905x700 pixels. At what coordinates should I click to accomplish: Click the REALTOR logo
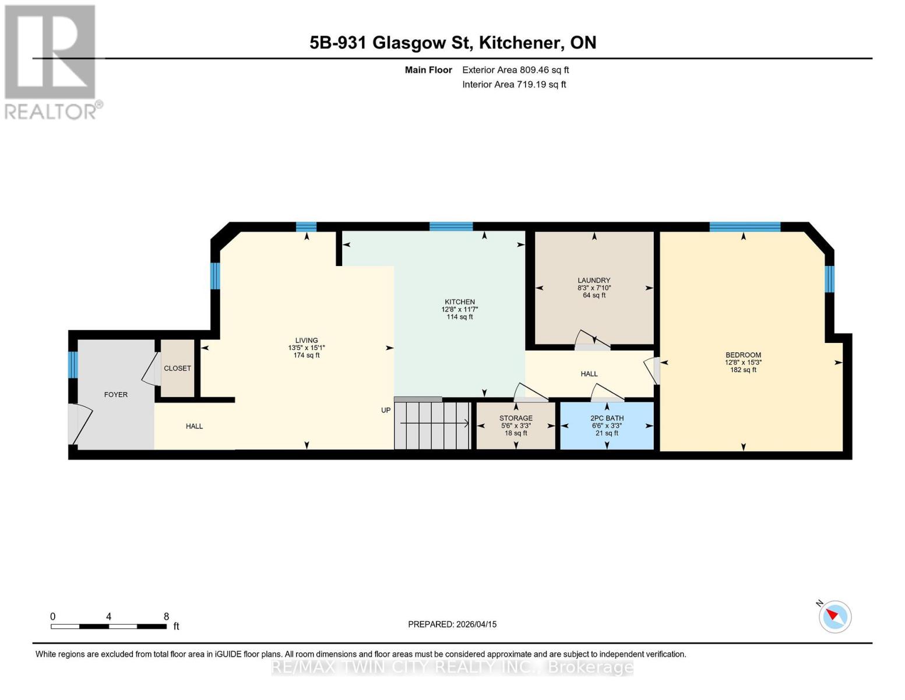tap(51, 61)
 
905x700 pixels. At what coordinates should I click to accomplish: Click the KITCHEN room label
tap(459, 302)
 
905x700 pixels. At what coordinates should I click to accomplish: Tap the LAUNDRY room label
tap(594, 281)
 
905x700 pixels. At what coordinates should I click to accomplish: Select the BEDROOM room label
tap(743, 355)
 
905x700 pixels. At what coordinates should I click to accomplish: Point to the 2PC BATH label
tap(607, 418)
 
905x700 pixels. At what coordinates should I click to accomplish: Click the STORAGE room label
tap(516, 418)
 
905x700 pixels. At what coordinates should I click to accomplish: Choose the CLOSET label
tap(177, 369)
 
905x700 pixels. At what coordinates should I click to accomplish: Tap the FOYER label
tap(115, 395)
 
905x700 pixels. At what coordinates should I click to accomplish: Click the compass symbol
tap(834, 617)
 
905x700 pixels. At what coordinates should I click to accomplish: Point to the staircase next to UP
tap(432, 425)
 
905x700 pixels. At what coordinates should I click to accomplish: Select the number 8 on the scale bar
tap(166, 617)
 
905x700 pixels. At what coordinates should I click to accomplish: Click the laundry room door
tap(592, 341)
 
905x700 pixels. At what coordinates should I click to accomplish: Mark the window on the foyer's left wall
tap(73, 365)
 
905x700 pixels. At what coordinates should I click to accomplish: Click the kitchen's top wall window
tap(451, 227)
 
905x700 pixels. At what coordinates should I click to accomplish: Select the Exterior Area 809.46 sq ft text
tap(515, 70)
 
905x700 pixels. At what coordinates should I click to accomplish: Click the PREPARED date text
tap(452, 624)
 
